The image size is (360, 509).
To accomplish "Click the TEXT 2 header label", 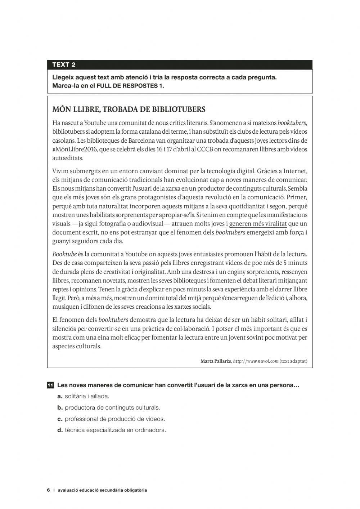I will (x=64, y=65).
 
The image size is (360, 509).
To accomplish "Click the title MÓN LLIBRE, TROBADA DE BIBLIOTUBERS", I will (x=129, y=109).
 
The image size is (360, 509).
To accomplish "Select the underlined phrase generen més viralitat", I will (x=258, y=224).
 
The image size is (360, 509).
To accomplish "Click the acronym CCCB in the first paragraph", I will (x=205, y=149).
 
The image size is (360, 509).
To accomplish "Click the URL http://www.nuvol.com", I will (x=256, y=361).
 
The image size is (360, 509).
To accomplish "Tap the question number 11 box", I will (x=50, y=385).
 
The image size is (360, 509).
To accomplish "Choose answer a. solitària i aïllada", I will (x=83, y=396).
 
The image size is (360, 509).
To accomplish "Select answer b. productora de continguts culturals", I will (x=109, y=407).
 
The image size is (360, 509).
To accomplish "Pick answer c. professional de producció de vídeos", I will (x=111, y=419).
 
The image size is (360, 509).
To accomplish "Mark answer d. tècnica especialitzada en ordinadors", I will (x=112, y=430).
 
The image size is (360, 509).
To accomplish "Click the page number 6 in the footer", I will (x=48, y=490).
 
